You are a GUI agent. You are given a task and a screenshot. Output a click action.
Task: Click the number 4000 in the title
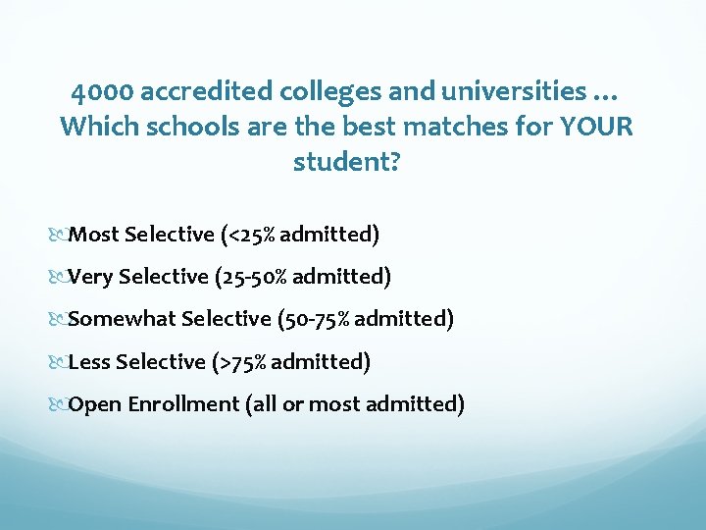(102, 92)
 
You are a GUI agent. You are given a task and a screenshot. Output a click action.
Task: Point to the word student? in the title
(346, 161)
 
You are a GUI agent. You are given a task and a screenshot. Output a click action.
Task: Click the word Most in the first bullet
(94, 234)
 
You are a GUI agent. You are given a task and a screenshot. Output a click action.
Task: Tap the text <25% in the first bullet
(251, 234)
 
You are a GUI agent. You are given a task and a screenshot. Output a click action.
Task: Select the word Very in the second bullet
(91, 277)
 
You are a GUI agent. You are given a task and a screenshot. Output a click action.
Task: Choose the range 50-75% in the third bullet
(311, 319)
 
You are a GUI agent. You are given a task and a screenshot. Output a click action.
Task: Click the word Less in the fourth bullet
(90, 361)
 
